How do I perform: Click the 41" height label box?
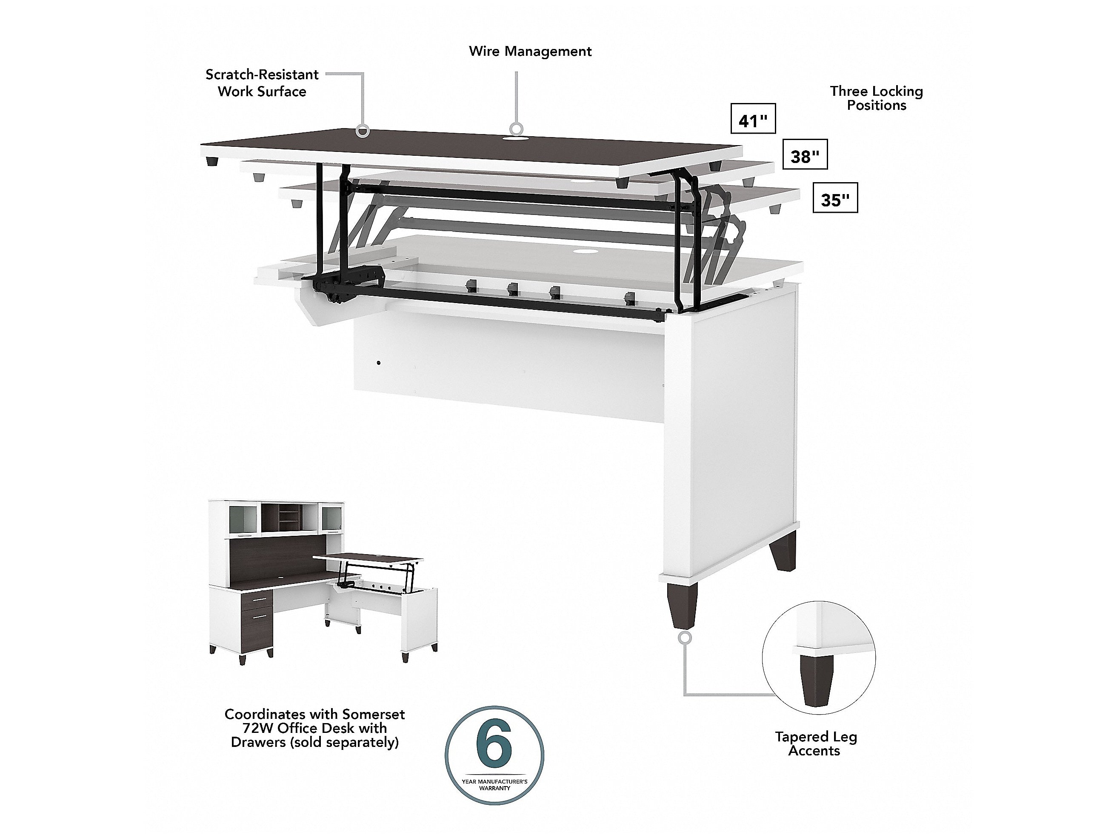(753, 119)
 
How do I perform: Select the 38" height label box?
(805, 154)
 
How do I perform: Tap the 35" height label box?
(835, 197)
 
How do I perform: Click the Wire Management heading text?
(530, 51)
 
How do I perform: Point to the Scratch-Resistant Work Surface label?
(262, 83)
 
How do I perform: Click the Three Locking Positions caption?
(877, 98)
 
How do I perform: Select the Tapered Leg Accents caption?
(816, 744)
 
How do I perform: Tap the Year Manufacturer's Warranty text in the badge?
(494, 784)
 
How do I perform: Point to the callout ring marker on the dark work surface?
(362, 132)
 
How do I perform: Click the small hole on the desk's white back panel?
(379, 363)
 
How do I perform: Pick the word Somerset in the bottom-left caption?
(374, 714)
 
